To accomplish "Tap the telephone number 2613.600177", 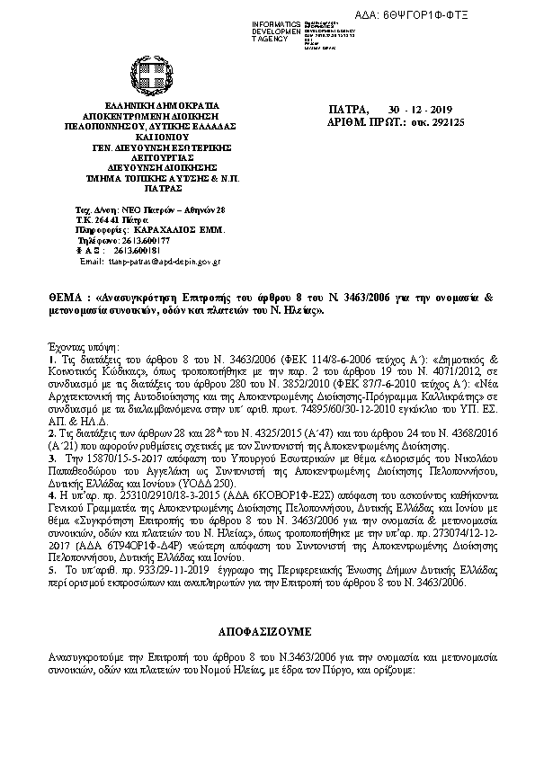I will [x=141, y=242].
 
